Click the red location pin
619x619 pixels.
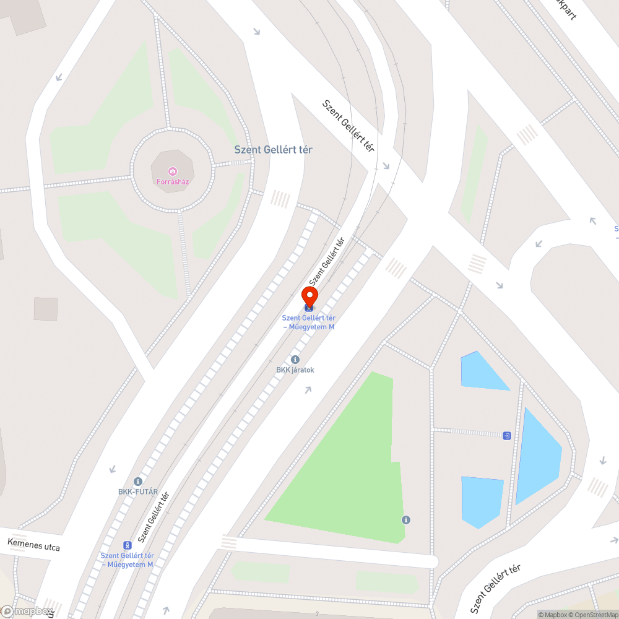pos(309,295)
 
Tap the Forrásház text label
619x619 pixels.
pos(172,182)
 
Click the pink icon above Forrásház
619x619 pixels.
pos(172,171)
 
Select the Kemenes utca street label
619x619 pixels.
pos(34,545)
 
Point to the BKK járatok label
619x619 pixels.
pos(295,370)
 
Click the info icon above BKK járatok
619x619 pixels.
pos(295,360)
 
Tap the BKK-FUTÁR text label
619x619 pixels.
pos(138,492)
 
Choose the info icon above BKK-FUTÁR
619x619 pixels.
pos(138,482)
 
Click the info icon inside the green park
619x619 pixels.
pos(406,519)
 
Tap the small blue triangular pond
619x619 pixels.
pos(480,372)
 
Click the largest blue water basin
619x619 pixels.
pos(536,455)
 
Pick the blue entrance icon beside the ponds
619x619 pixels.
pos(507,436)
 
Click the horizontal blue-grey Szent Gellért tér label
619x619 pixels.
pos(273,150)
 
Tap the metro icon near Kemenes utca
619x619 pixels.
pos(128,545)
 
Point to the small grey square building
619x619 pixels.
pos(46,309)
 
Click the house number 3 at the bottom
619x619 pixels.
pos(317,613)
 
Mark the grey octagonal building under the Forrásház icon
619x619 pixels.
pos(173,170)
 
